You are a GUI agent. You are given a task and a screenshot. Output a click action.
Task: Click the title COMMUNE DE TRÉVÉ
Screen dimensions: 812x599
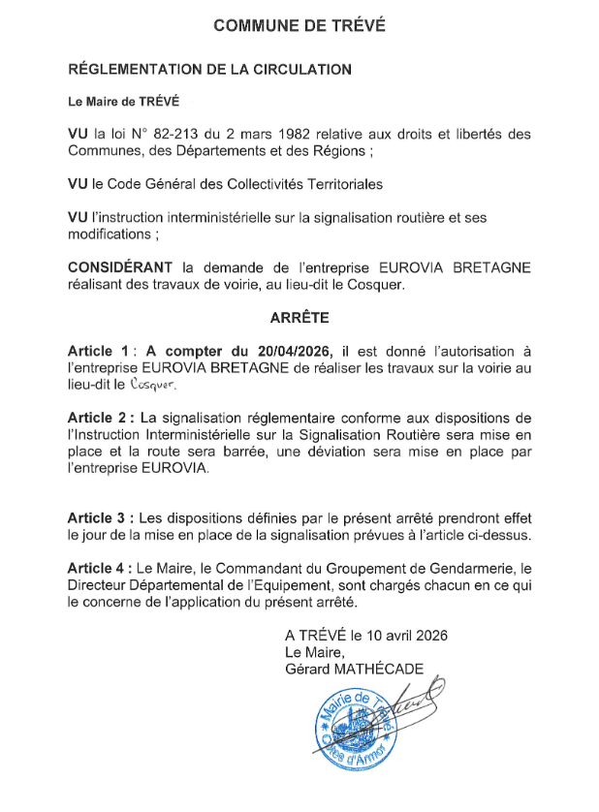299,26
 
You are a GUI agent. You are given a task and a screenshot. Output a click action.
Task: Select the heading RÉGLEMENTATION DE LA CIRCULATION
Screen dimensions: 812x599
208,70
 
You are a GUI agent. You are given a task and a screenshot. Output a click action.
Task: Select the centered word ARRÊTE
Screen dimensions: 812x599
299,316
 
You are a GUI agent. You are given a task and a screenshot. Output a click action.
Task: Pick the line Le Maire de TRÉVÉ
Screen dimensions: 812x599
123,102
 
